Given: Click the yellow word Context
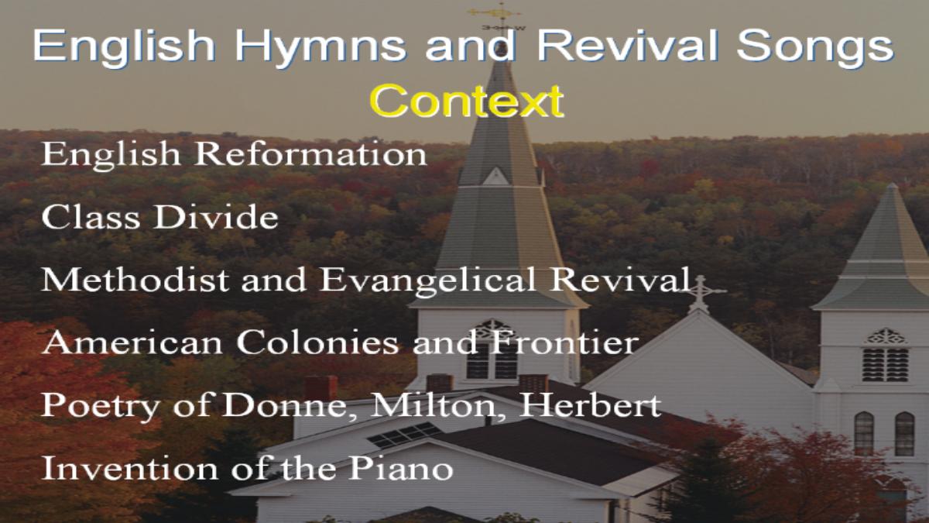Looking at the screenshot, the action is click(x=466, y=101).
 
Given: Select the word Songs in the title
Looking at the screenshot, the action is click(x=815, y=48).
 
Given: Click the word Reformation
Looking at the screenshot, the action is click(x=310, y=153).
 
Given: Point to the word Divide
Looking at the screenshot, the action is click(x=216, y=216).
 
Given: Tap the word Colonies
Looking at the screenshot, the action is click(x=317, y=342).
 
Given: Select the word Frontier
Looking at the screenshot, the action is click(x=564, y=342).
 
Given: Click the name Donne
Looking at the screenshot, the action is click(x=285, y=405).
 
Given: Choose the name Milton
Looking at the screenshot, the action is click(x=433, y=405).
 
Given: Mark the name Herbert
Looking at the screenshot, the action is click(x=589, y=404).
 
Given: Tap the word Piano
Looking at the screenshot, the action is click(x=400, y=467).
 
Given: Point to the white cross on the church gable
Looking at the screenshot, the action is click(x=700, y=293).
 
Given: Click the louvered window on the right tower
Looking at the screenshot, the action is click(x=885, y=364).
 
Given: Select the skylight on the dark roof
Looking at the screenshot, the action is click(x=403, y=435).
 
